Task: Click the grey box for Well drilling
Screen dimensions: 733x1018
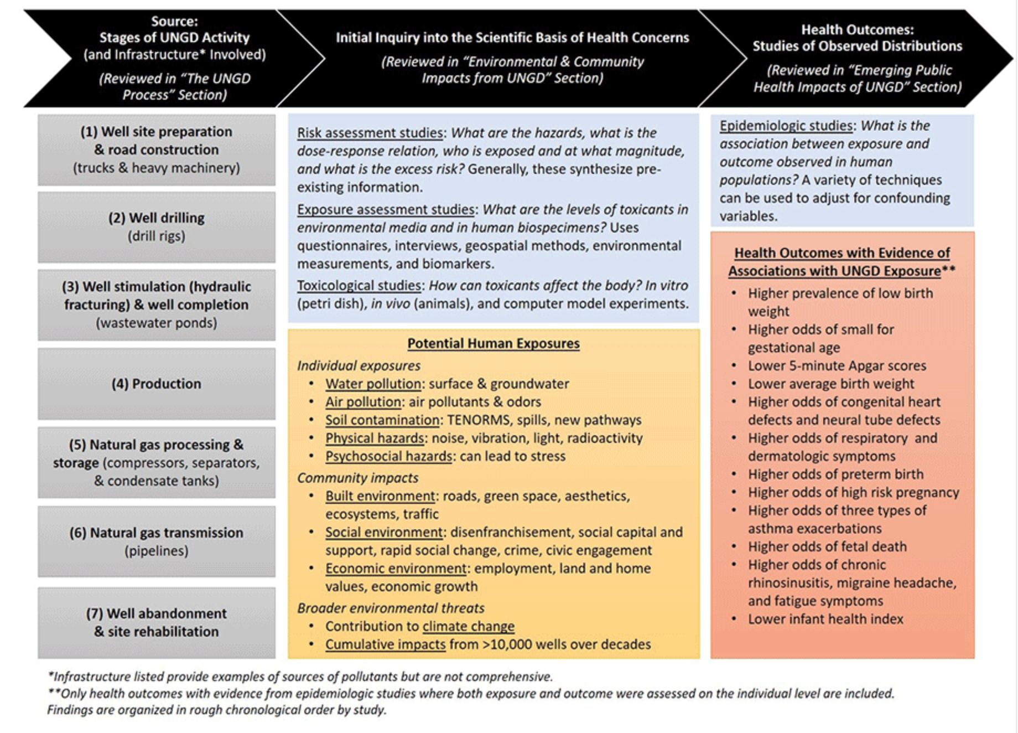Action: [157, 227]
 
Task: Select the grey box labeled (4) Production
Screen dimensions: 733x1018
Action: [157, 384]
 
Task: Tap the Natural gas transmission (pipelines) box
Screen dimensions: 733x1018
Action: [157, 541]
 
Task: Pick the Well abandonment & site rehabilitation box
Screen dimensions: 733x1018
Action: [157, 622]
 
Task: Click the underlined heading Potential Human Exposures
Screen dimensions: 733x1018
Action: [494, 343]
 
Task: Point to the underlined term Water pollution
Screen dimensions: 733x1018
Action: [373, 384]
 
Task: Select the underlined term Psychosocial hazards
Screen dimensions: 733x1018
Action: [388, 456]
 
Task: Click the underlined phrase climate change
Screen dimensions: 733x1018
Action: [468, 626]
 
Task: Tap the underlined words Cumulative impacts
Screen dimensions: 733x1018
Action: [385, 644]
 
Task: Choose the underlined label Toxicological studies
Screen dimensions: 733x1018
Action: [359, 285]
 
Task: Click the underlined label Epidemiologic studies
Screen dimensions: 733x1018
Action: [786, 126]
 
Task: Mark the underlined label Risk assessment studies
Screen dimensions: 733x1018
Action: [370, 133]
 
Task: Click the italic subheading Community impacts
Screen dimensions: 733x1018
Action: [357, 478]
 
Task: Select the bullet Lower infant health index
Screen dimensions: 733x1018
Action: [825, 619]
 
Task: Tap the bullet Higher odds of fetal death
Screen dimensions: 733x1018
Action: [827, 546]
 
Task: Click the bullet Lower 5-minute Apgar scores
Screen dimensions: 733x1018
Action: [837, 365]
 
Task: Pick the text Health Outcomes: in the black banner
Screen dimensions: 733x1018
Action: [857, 29]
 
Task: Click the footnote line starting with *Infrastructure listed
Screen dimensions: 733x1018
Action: [300, 677]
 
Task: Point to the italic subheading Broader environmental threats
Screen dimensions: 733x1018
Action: [391, 608]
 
